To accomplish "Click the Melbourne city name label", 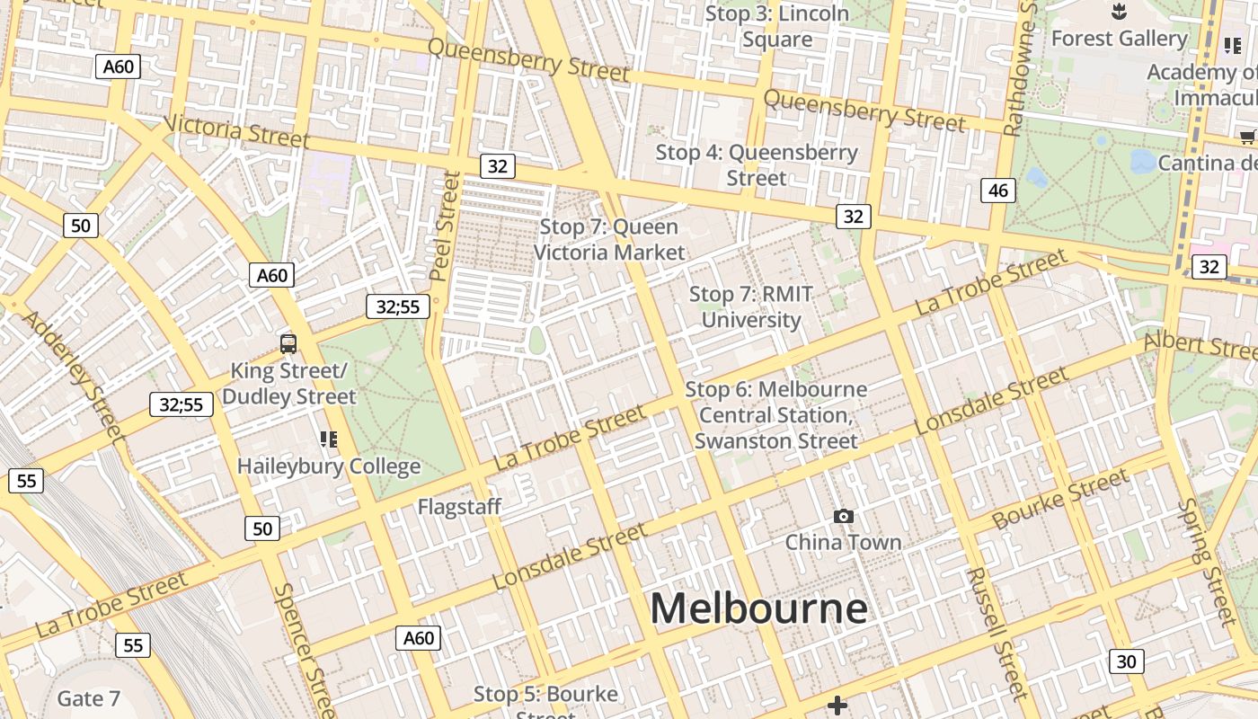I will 758,608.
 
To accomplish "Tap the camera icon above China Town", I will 843,516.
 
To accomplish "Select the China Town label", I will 843,542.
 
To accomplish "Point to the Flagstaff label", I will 459,507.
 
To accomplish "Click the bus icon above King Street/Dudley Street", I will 288,342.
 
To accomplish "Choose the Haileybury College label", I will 329,466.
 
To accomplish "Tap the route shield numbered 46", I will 997,190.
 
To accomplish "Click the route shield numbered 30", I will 1126,661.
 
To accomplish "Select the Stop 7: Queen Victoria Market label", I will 609,240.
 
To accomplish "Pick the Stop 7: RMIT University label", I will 751,306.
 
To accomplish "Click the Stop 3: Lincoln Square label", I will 777,26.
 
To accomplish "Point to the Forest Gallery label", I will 1119,39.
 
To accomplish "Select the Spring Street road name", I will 1208,561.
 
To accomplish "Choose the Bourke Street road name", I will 1060,500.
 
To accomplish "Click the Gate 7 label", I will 88,698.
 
